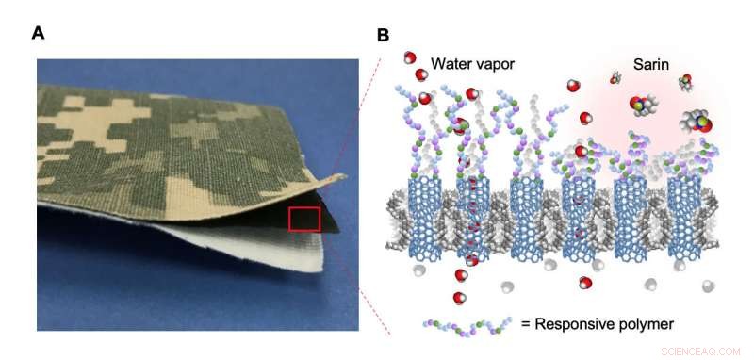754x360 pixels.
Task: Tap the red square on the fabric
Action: tap(303, 219)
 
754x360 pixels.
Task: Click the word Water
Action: tap(452, 63)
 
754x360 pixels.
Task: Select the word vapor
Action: tap(499, 65)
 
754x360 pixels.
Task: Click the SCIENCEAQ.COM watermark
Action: tap(699, 351)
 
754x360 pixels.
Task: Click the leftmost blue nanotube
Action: tap(421, 216)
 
